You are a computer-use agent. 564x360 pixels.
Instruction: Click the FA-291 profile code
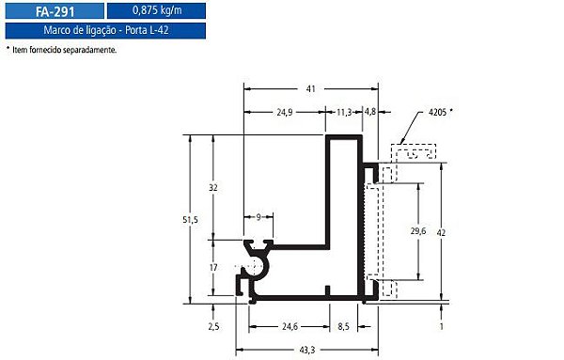pyautogui.click(x=55, y=11)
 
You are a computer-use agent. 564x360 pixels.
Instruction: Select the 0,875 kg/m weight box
pyautogui.click(x=156, y=10)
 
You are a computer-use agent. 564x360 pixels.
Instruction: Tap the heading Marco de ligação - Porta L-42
pyautogui.click(x=105, y=30)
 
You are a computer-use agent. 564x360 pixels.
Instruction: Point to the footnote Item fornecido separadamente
pyautogui.click(x=64, y=50)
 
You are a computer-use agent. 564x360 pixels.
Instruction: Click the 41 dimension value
pyautogui.click(x=311, y=89)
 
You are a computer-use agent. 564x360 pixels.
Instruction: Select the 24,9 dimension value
pyautogui.click(x=285, y=113)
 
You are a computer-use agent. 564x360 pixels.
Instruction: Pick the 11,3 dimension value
pyautogui.click(x=344, y=113)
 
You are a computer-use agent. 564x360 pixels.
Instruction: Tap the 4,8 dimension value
pyautogui.click(x=370, y=112)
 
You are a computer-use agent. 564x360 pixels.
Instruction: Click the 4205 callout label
pyautogui.click(x=437, y=112)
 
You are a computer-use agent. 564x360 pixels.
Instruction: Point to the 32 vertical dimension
pyautogui.click(x=213, y=188)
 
